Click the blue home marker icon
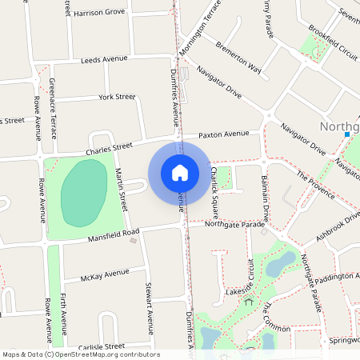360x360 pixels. pyautogui.click(x=180, y=172)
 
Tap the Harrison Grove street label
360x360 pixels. pyautogui.click(x=99, y=13)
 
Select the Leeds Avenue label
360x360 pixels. pyautogui.click(x=104, y=58)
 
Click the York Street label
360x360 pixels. pyautogui.click(x=117, y=97)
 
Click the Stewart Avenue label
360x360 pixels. pyautogui.click(x=148, y=307)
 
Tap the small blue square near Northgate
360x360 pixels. pyautogui.click(x=346, y=134)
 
